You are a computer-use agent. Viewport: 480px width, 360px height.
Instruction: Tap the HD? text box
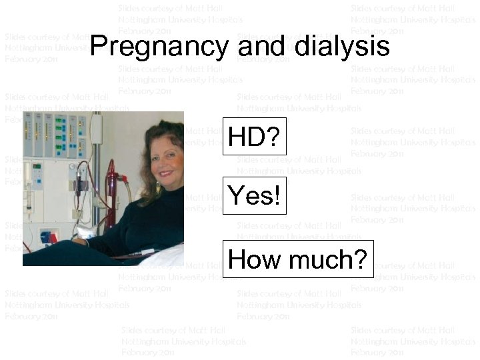coord(253,137)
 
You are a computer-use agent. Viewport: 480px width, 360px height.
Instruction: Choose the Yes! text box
coord(253,196)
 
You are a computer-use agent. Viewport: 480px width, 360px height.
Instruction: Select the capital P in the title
coord(97,47)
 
